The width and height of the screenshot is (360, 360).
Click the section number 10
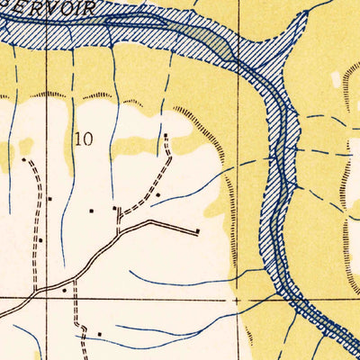(85, 139)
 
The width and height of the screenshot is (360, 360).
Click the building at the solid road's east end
(197, 230)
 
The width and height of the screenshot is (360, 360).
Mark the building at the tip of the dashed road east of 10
(166, 136)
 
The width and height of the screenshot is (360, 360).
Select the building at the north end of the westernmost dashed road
(23, 160)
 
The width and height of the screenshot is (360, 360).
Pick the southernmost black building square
(99, 334)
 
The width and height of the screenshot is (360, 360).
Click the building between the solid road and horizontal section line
(64, 290)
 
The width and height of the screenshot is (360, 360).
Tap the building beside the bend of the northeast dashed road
(157, 194)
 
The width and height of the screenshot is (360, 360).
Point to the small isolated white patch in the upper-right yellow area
(337, 79)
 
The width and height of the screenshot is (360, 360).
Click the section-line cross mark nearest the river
(237, 298)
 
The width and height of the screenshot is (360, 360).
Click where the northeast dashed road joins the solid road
(119, 232)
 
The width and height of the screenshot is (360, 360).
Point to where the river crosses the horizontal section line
(286, 297)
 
